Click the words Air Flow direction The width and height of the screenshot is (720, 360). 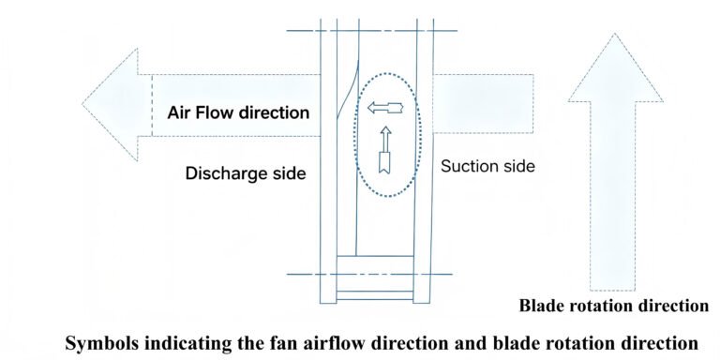click(x=238, y=112)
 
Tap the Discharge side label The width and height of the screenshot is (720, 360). click(x=246, y=173)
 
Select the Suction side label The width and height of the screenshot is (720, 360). click(x=487, y=166)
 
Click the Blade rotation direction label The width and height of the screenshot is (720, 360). click(x=614, y=306)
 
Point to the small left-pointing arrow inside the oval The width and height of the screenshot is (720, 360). click(x=385, y=108)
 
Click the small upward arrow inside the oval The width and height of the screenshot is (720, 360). click(x=385, y=150)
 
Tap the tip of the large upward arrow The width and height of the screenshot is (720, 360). click(x=614, y=34)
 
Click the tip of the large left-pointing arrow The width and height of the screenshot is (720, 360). click(x=82, y=104)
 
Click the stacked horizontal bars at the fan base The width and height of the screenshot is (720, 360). click(x=375, y=277)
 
